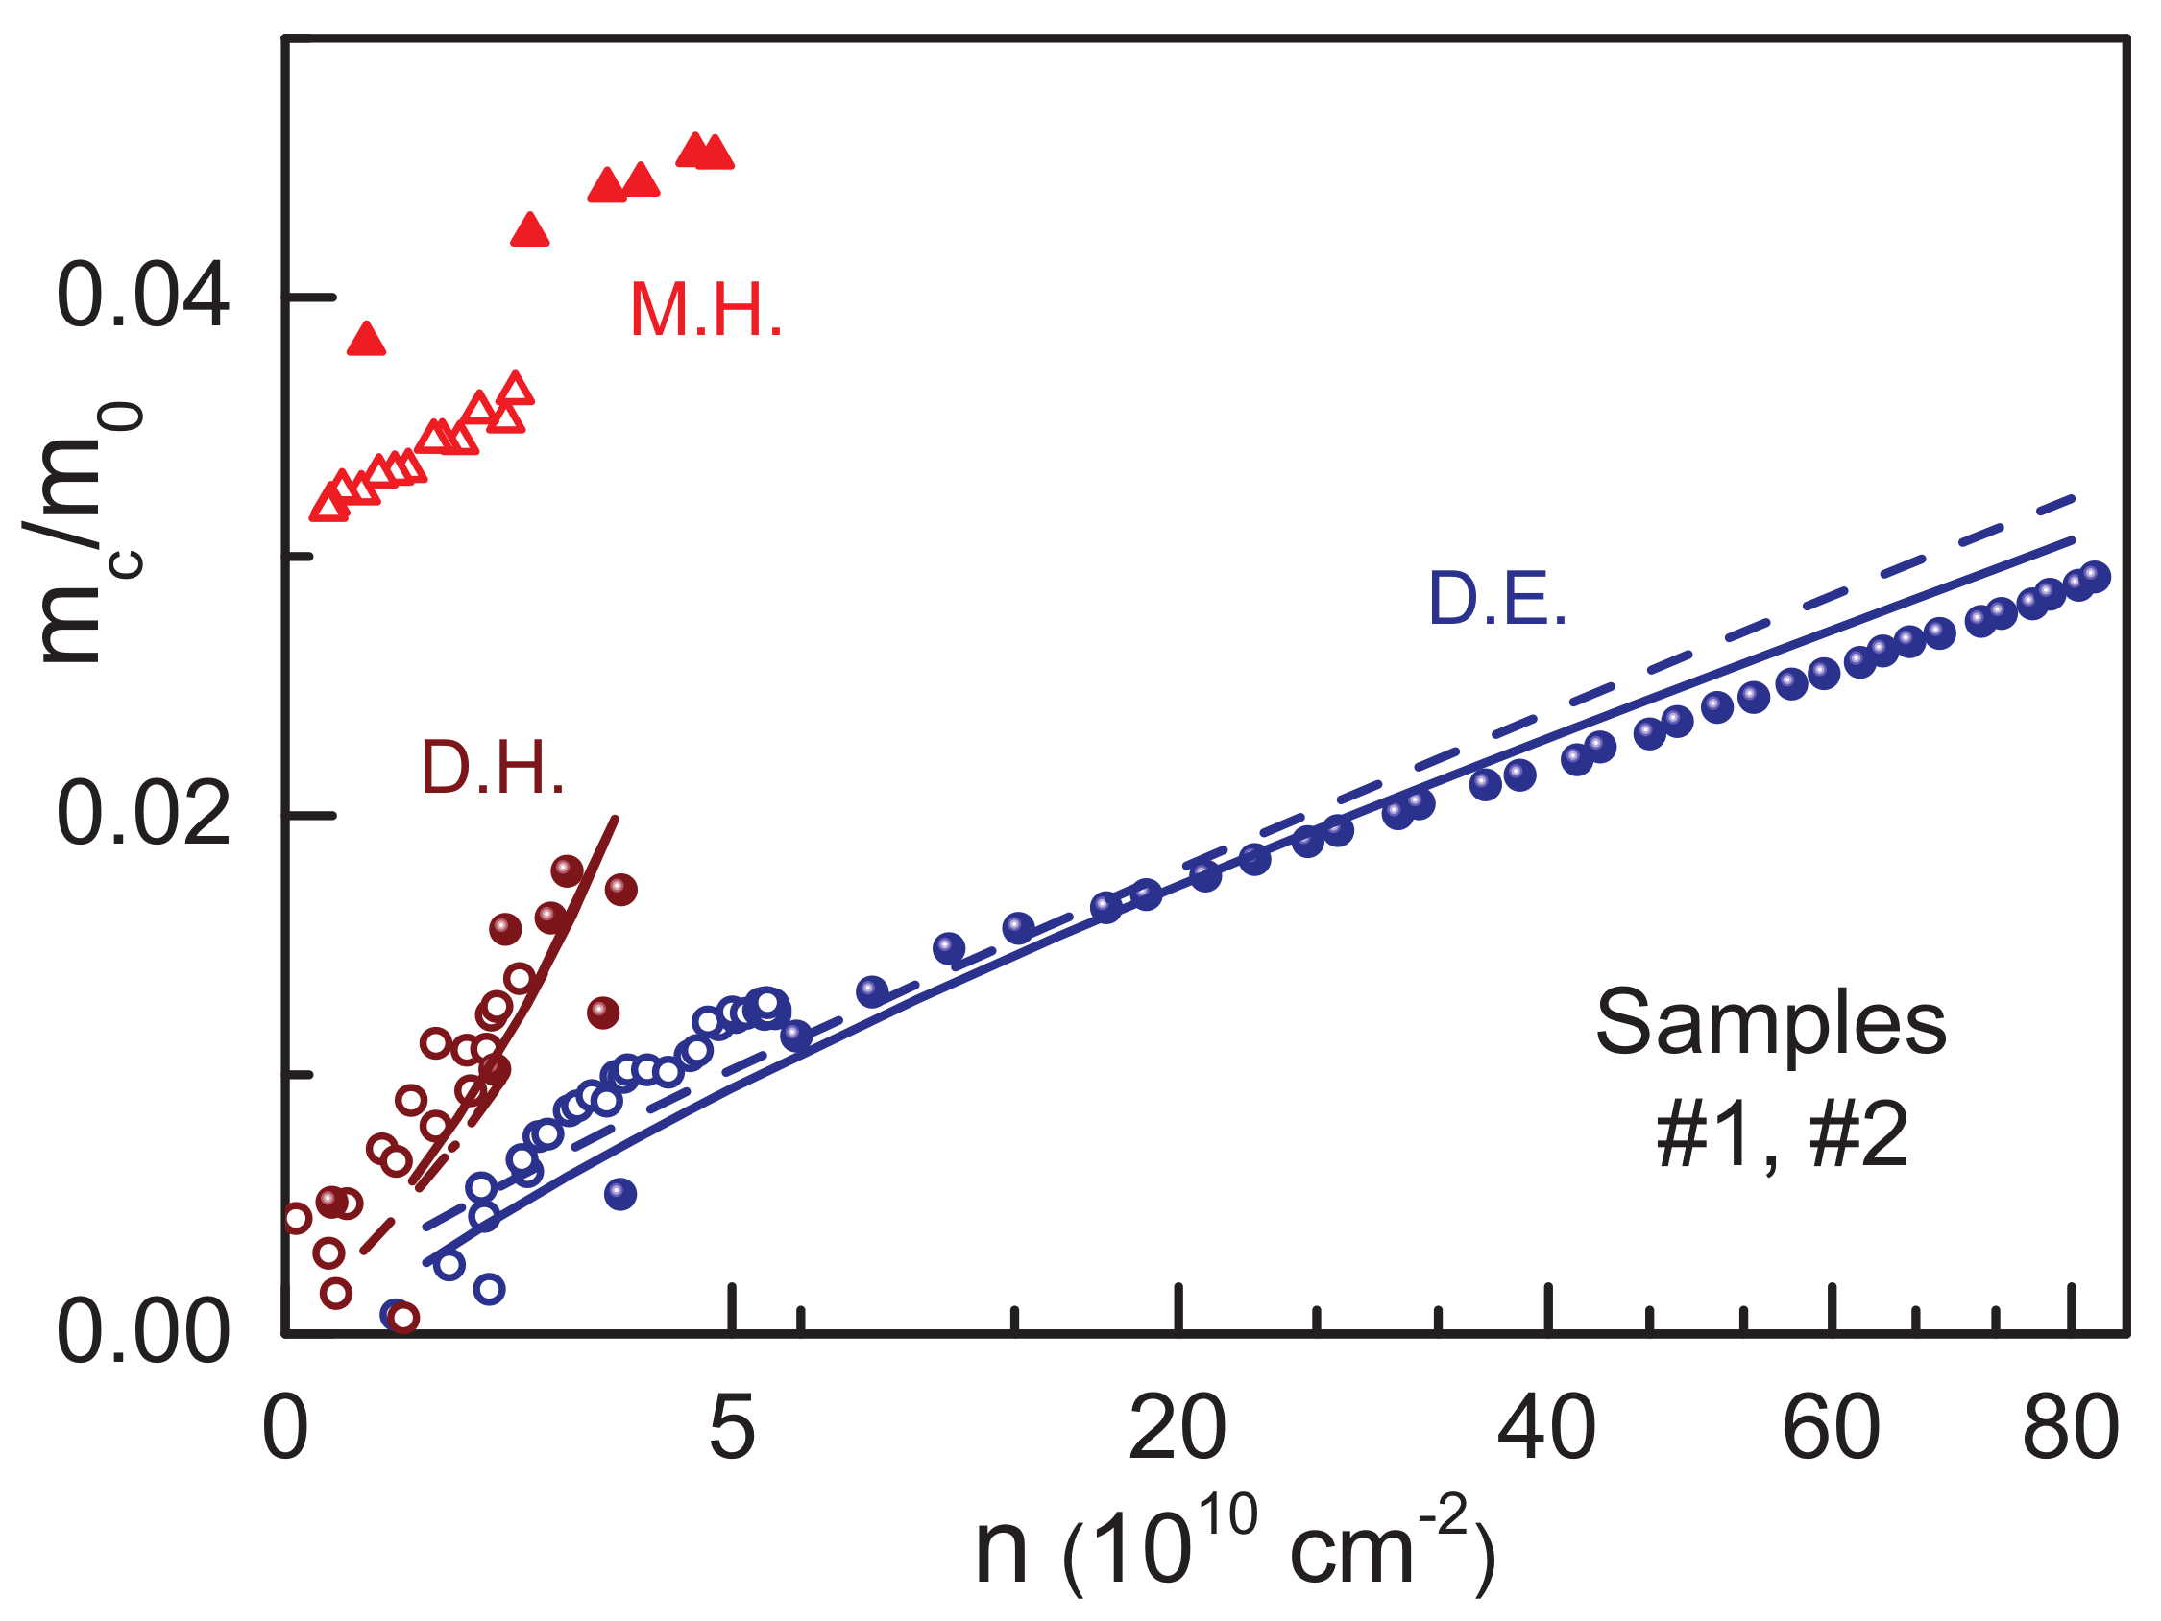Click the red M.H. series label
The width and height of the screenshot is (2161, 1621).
click(x=705, y=311)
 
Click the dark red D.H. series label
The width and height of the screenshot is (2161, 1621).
click(x=493, y=769)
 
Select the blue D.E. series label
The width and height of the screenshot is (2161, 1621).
click(x=1497, y=600)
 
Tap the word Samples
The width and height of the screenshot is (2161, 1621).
click(x=1770, y=1024)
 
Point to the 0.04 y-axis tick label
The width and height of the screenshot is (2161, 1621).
click(x=143, y=296)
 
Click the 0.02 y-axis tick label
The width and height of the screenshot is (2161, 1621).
click(x=143, y=815)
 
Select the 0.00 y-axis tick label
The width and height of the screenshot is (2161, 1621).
click(x=143, y=1334)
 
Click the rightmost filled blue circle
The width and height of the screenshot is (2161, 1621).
click(x=2094, y=577)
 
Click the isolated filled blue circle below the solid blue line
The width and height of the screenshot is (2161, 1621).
click(x=620, y=1193)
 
